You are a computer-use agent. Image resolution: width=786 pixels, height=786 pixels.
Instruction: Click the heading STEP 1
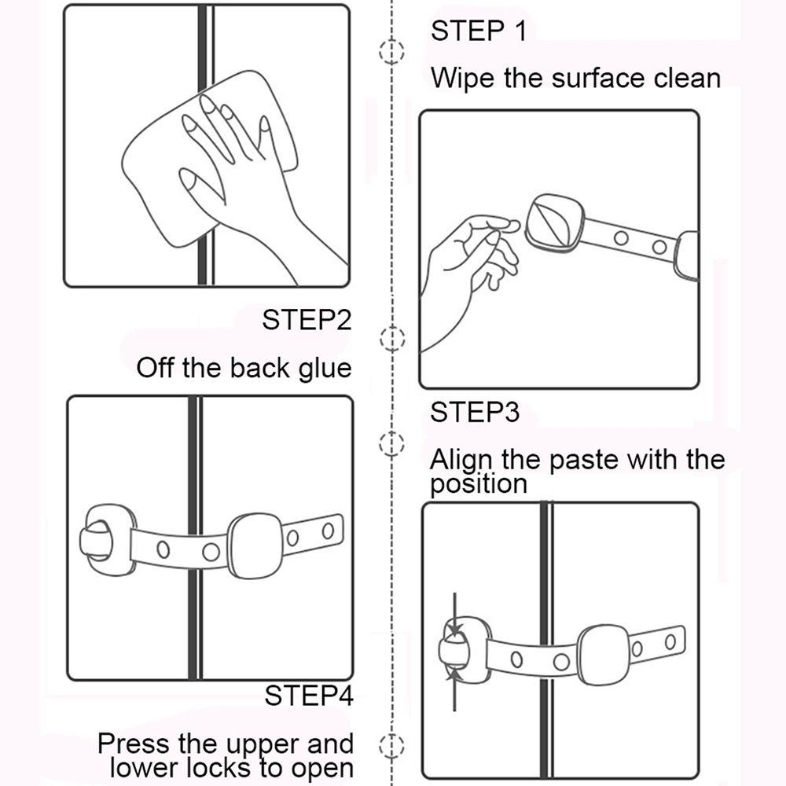[x=478, y=31]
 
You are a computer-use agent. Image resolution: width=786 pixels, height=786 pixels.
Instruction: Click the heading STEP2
[x=307, y=320]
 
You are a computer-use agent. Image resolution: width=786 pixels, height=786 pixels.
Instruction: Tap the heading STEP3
[x=474, y=412]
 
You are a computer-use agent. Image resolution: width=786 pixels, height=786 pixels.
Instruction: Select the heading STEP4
[x=309, y=696]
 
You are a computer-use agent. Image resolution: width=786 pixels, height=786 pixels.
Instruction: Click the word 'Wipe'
[x=462, y=79]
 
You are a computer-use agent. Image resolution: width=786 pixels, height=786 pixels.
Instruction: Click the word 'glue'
[x=325, y=369]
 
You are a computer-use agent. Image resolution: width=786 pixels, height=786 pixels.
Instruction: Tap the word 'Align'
[x=461, y=460]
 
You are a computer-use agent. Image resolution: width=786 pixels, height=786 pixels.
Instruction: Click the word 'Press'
[x=134, y=743]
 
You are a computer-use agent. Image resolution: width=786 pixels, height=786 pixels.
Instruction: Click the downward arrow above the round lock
[x=454, y=615]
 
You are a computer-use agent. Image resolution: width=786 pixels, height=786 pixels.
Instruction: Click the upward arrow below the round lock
[x=454, y=689]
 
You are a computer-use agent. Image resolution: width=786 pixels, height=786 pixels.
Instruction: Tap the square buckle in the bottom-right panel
[x=603, y=655]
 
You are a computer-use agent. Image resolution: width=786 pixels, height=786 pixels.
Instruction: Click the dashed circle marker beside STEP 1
[x=391, y=51]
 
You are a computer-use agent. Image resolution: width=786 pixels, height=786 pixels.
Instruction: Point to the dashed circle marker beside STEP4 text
[x=391, y=746]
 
